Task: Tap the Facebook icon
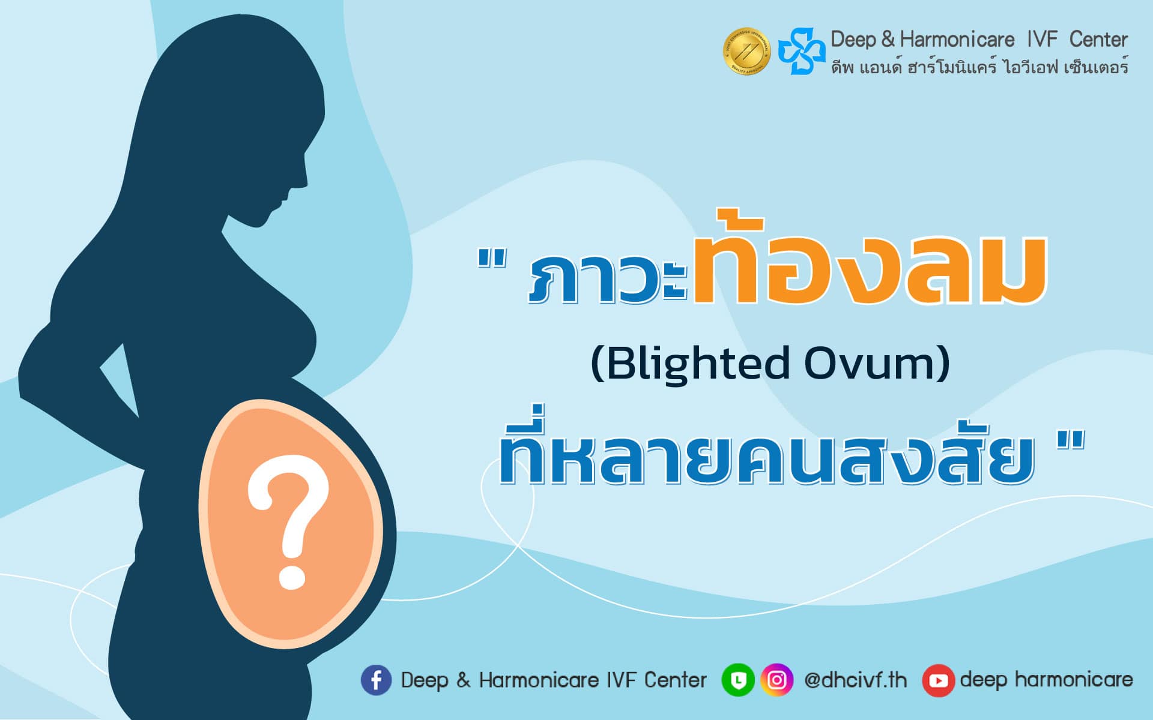(x=376, y=680)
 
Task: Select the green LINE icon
(x=737, y=680)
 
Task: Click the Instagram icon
(x=776, y=680)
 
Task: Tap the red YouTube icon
(x=938, y=680)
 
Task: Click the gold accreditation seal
(x=746, y=51)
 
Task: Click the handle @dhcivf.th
(x=855, y=680)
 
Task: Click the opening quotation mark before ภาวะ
(x=492, y=259)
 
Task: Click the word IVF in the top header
(x=1042, y=40)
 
